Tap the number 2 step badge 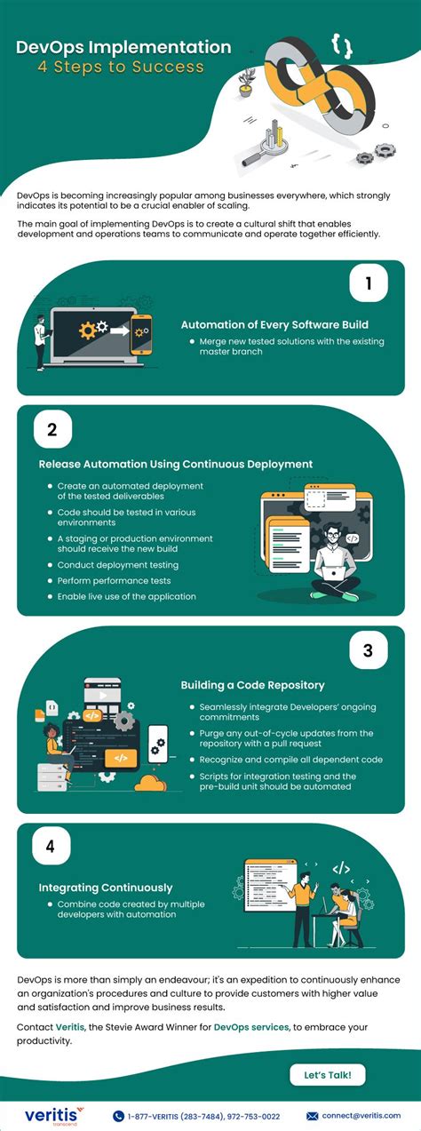point(52,430)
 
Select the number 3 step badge point(367,650)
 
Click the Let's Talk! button point(327,1074)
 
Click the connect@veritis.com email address point(359,1116)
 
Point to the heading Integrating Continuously point(106,887)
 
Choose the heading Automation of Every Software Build point(274,324)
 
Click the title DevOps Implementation point(123,47)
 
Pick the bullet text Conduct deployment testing point(117,564)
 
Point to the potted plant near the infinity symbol point(246,83)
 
